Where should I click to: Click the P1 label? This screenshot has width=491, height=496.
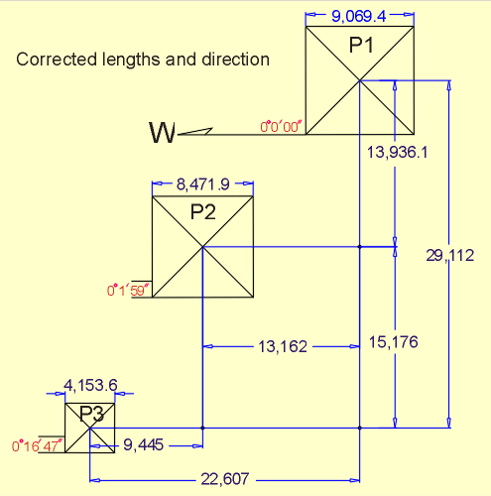tap(361, 45)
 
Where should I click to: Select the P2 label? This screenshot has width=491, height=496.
tap(203, 212)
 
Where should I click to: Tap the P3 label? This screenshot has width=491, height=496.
tap(92, 414)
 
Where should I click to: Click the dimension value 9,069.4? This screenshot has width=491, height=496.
tap(359, 16)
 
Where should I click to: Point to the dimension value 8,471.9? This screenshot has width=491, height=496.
tap(203, 185)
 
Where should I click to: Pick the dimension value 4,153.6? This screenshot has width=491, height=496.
tap(90, 385)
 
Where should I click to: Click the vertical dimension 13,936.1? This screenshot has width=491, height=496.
tap(398, 153)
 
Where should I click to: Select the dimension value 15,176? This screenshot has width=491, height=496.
tap(393, 342)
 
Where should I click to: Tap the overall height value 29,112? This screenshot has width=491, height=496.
tap(449, 256)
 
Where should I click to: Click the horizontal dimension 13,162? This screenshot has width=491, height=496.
tap(283, 347)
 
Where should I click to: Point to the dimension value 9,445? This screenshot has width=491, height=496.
tap(144, 445)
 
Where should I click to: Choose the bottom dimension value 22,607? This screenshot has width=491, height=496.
tap(225, 479)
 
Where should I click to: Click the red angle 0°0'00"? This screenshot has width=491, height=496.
tap(281, 127)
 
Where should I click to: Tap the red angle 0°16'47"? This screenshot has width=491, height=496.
tap(37, 446)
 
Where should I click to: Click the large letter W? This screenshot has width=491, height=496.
tap(162, 133)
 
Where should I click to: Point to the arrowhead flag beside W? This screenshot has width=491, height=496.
tap(195, 131)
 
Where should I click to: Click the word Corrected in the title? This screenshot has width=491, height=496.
tap(57, 60)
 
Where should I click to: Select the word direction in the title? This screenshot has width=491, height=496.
tap(236, 60)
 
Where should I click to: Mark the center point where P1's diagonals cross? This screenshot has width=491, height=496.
tap(360, 80)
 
